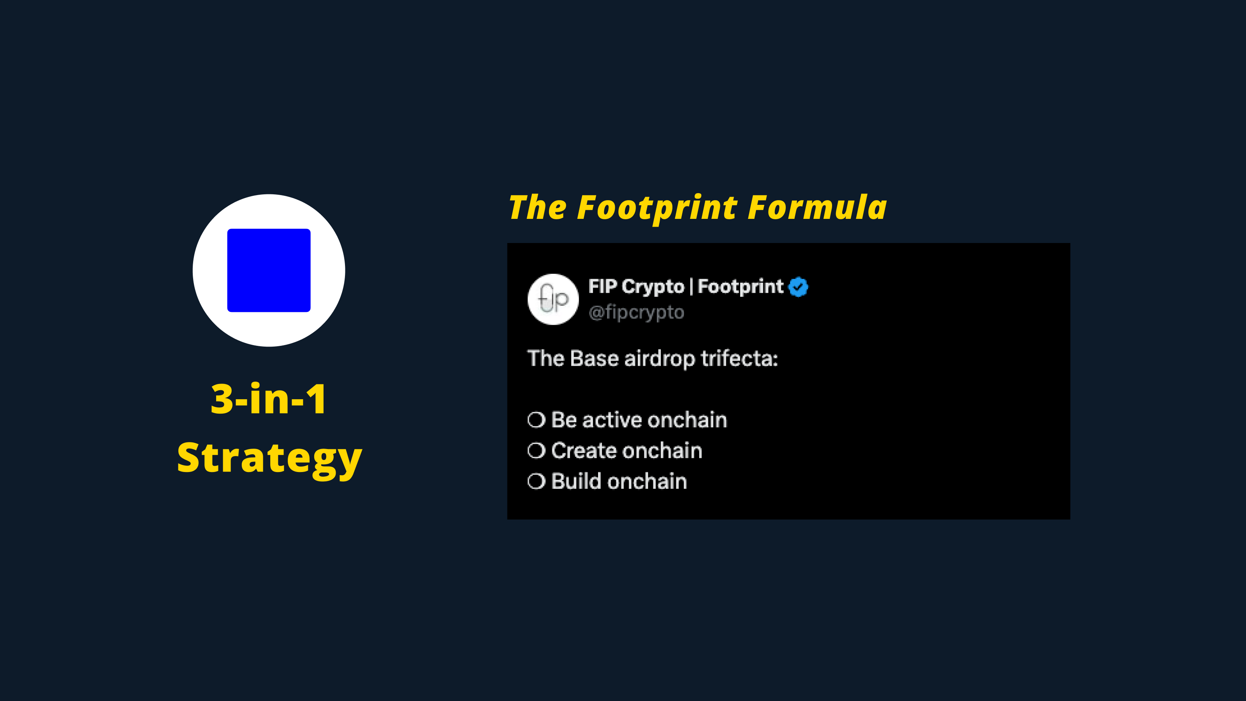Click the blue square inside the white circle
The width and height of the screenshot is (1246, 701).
(x=269, y=270)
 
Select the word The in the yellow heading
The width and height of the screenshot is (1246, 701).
(x=537, y=208)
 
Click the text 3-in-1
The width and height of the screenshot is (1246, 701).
(x=269, y=399)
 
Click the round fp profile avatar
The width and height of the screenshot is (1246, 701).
(x=553, y=299)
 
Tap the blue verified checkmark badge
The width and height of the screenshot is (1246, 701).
(x=798, y=287)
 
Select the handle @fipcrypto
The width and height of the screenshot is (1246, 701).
(x=637, y=312)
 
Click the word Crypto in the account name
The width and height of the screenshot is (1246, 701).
(x=653, y=287)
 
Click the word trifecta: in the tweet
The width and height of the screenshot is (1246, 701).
(x=739, y=358)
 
